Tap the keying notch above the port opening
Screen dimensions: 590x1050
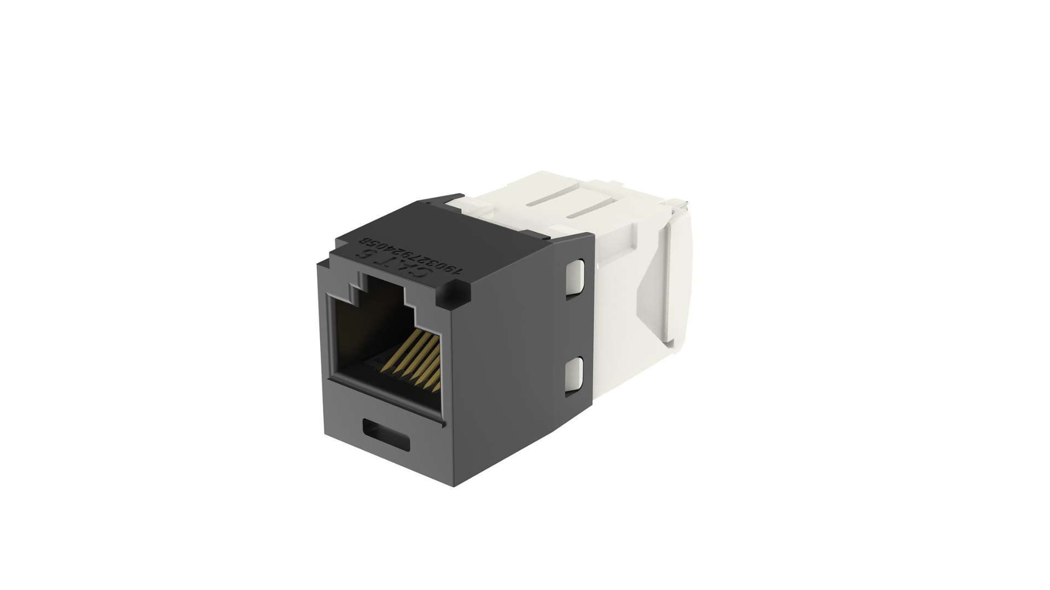pyautogui.click(x=385, y=290)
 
